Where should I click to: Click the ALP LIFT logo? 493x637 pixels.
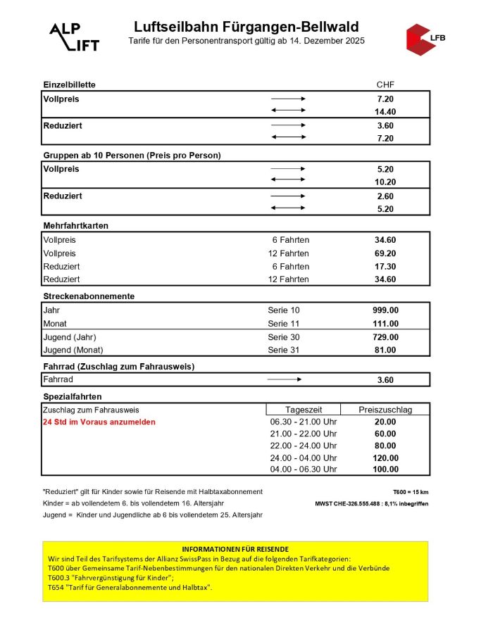[73, 37]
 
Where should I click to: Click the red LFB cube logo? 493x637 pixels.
[423, 38]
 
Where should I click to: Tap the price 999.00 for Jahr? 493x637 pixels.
[385, 310]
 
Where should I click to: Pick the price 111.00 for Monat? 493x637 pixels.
[385, 324]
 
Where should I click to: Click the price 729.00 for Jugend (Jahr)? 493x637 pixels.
[385, 337]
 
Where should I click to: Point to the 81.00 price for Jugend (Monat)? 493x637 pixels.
[385, 350]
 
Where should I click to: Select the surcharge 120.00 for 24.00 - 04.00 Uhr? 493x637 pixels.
[385, 458]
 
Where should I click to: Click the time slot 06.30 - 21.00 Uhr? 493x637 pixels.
[304, 422]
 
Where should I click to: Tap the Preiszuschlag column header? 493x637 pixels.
[385, 410]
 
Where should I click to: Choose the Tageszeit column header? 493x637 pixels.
[304, 410]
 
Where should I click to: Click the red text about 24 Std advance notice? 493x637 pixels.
[99, 422]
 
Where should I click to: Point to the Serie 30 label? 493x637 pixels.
[284, 337]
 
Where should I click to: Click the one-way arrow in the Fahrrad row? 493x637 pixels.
[285, 380]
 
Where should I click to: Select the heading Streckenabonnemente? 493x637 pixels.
[89, 296]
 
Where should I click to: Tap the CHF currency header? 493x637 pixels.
[385, 84]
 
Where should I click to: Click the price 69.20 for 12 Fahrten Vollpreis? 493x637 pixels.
[385, 253]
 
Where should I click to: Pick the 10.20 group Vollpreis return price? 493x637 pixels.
[385, 182]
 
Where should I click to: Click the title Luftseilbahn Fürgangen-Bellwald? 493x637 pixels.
[246, 27]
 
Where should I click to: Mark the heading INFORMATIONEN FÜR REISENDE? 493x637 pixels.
[235, 548]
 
